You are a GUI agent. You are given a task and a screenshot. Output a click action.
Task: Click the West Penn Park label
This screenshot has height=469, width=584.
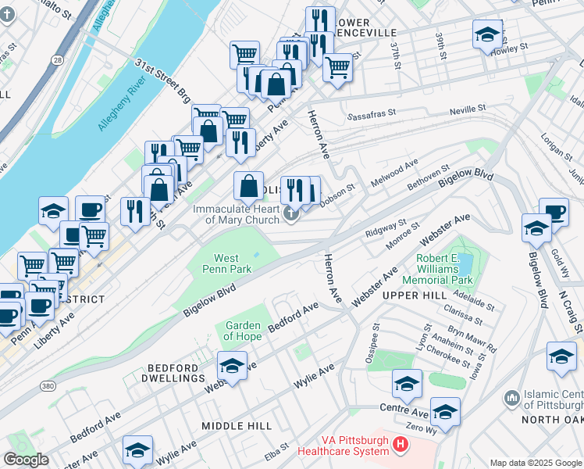point(226,263)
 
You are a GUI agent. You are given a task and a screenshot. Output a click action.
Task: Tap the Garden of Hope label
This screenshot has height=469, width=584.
point(244,331)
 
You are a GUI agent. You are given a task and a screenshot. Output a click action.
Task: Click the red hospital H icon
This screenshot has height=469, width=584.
point(401,445)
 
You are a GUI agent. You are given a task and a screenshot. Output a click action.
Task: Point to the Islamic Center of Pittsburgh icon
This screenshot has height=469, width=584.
point(512,398)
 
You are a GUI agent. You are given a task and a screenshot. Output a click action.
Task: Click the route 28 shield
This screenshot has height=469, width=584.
point(59,59)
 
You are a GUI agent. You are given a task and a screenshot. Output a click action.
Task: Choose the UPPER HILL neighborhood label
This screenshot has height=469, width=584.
point(414,295)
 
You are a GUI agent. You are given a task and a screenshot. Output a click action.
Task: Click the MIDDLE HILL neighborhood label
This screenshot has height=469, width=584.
point(237,425)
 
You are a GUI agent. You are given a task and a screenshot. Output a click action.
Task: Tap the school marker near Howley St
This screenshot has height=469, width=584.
point(486,35)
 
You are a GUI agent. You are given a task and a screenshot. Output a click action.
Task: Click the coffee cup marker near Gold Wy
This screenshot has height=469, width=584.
point(554,210)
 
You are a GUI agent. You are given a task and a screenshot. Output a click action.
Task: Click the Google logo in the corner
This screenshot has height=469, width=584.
point(27,459)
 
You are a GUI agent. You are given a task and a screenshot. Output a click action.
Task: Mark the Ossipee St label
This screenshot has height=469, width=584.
point(373,337)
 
